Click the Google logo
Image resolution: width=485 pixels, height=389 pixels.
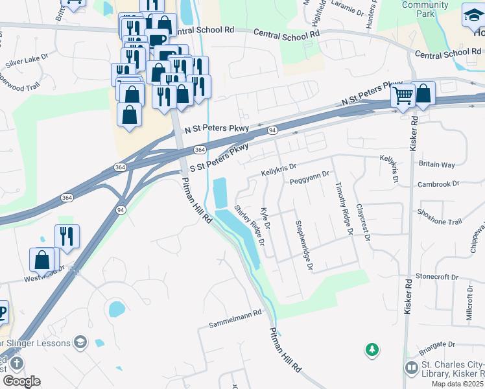pyautogui.click(x=21, y=381)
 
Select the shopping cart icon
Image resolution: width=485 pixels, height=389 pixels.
pyautogui.click(x=403, y=97)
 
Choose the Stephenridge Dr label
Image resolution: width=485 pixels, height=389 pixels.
pyautogui.click(x=303, y=245)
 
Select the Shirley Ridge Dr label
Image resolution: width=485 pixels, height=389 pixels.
pyautogui.click(x=250, y=225)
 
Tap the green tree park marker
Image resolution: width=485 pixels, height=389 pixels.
pyautogui.click(x=372, y=350)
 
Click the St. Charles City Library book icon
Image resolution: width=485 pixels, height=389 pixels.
pyautogui.click(x=411, y=368)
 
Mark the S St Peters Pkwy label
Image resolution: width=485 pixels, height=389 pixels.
pyautogui.click(x=219, y=157)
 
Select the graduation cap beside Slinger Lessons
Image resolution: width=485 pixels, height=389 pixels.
pyautogui.click(x=80, y=342)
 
